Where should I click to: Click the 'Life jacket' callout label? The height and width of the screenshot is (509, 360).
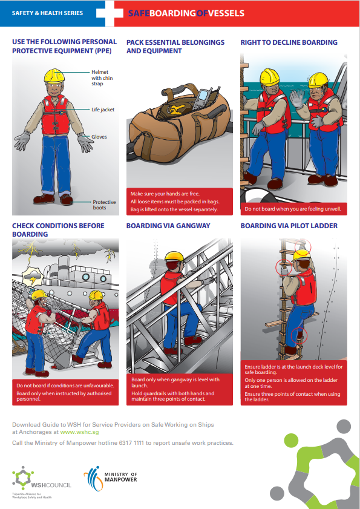point(103,110)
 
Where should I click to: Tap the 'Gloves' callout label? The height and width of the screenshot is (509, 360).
point(99,137)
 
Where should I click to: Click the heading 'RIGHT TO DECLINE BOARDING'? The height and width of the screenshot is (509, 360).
point(289,42)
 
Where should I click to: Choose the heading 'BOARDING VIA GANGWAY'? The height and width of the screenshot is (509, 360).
point(168,226)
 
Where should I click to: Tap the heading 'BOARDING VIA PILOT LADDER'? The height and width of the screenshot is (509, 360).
point(289,226)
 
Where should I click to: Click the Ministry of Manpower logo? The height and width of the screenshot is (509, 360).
point(110,478)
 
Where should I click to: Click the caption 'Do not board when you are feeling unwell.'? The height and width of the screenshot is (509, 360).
point(293,209)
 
